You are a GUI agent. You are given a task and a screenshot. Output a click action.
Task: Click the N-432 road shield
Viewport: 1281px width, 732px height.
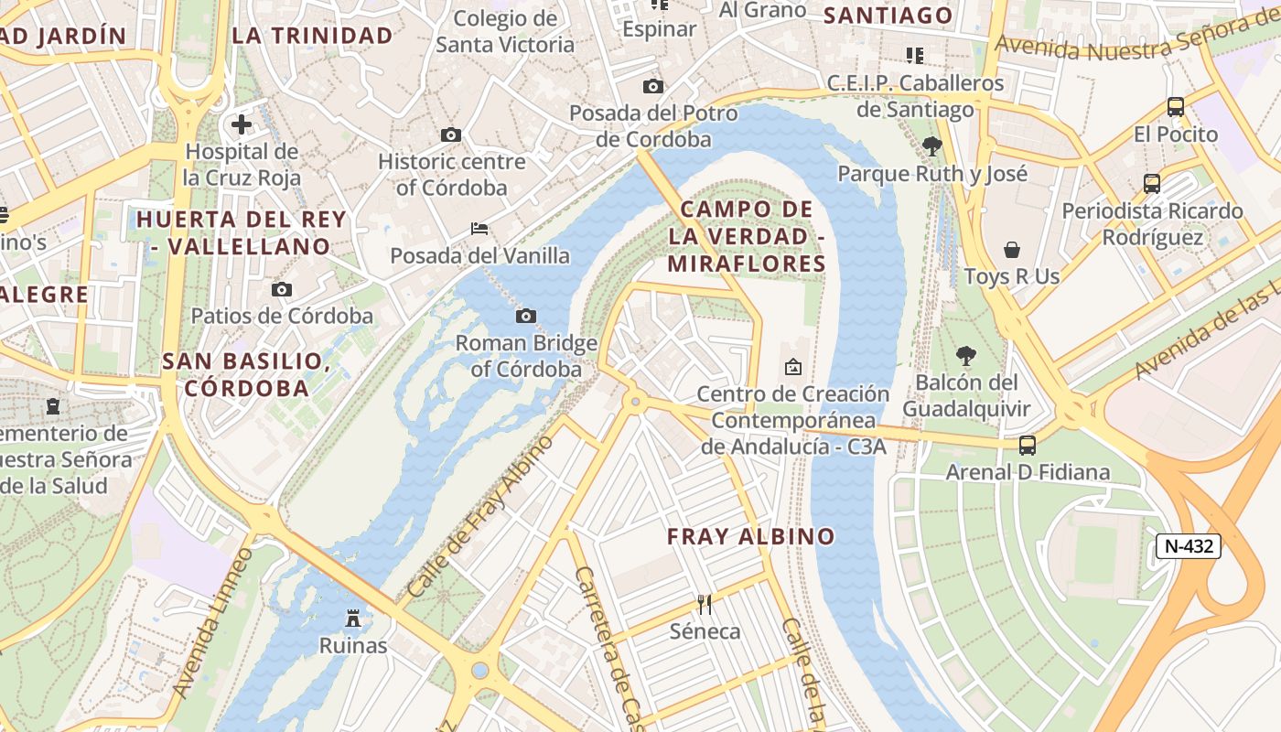(x=1189, y=546)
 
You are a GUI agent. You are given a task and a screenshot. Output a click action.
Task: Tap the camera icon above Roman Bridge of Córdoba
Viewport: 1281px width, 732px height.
(x=526, y=317)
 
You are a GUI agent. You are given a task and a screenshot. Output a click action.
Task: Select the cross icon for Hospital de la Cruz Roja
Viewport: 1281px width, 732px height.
(x=242, y=124)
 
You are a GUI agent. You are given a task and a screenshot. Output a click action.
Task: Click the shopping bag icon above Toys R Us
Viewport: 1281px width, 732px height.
(x=1012, y=250)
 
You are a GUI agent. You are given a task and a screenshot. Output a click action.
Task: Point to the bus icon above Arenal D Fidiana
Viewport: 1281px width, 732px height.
(x=1028, y=446)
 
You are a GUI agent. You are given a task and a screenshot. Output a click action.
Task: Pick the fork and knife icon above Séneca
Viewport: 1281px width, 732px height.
(x=705, y=604)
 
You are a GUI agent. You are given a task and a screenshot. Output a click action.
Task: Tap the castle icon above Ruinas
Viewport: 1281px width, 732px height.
(x=353, y=619)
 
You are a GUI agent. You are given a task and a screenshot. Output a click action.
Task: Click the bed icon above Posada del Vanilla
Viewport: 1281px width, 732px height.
(x=479, y=229)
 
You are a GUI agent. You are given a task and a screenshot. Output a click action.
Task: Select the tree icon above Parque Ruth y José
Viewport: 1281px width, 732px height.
(x=932, y=145)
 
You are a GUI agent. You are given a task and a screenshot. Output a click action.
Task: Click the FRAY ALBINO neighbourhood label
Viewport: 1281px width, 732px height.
(x=751, y=536)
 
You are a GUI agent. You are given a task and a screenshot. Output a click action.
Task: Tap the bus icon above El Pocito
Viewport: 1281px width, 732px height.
(x=1176, y=107)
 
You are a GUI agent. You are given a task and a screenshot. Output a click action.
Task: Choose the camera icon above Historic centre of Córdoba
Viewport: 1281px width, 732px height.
(x=451, y=135)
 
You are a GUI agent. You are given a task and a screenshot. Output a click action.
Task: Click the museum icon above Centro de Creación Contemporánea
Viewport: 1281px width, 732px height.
(x=793, y=367)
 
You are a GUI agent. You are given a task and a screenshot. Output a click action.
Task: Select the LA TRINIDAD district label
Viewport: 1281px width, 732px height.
(x=312, y=36)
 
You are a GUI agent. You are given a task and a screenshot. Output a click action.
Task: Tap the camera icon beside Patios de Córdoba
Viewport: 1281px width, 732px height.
(x=282, y=290)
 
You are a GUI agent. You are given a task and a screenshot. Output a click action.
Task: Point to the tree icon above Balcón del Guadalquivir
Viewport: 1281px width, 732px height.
(x=965, y=356)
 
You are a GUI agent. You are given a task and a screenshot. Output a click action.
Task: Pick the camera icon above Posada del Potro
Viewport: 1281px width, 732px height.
(x=653, y=87)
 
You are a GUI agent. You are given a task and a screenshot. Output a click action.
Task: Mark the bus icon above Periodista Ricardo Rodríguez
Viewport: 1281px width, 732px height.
(x=1152, y=184)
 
